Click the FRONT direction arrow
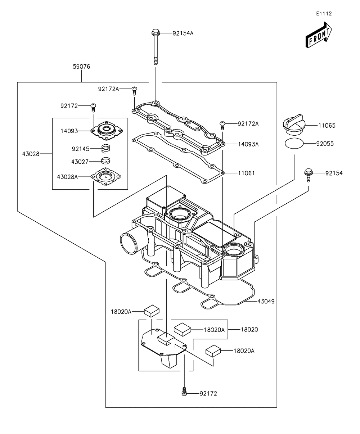[318, 35]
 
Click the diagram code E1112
[324, 14]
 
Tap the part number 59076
[81, 67]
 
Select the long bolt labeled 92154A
[156, 47]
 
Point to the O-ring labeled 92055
[294, 144]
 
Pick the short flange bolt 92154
[309, 175]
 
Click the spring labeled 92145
[106, 148]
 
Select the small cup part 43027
[105, 161]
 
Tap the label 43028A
[67, 177]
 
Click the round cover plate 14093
[107, 131]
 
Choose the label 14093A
[248, 144]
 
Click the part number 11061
[246, 173]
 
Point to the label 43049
[266, 301]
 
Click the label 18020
[249, 329]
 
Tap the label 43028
[31, 154]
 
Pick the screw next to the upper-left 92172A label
[134, 91]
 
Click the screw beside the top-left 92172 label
[93, 108]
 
